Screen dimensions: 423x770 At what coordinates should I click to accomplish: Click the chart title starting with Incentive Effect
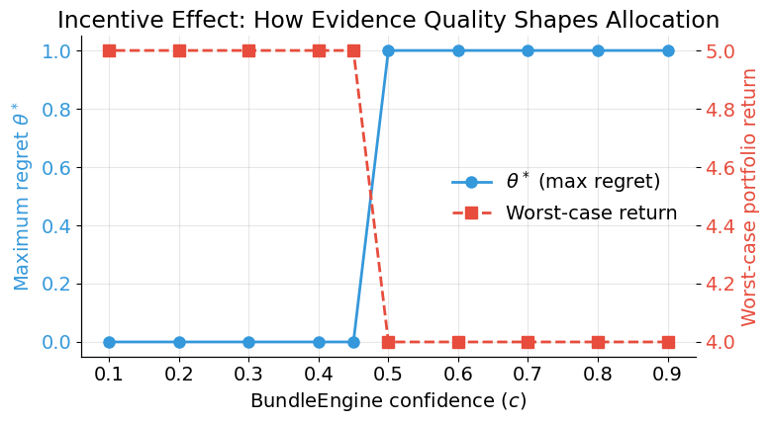388,20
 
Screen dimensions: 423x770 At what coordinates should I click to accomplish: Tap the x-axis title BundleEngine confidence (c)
388,401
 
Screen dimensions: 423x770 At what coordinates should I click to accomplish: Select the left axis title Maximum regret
22,196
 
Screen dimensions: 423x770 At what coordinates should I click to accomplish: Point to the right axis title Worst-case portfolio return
749,196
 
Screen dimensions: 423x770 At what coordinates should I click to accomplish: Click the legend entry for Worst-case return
591,212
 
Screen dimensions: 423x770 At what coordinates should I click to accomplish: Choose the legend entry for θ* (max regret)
582,182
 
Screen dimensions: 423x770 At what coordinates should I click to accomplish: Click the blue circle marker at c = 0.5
388,50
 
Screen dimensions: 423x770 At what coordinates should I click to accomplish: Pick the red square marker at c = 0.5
388,342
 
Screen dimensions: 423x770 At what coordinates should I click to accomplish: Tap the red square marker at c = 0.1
109,50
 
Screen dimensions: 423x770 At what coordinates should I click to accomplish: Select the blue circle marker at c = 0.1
109,342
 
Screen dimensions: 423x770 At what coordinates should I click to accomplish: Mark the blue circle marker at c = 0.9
668,50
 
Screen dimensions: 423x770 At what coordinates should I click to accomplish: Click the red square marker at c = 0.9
668,342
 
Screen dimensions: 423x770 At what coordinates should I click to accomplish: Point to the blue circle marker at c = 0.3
248,342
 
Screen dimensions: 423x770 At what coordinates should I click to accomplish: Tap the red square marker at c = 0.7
528,342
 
